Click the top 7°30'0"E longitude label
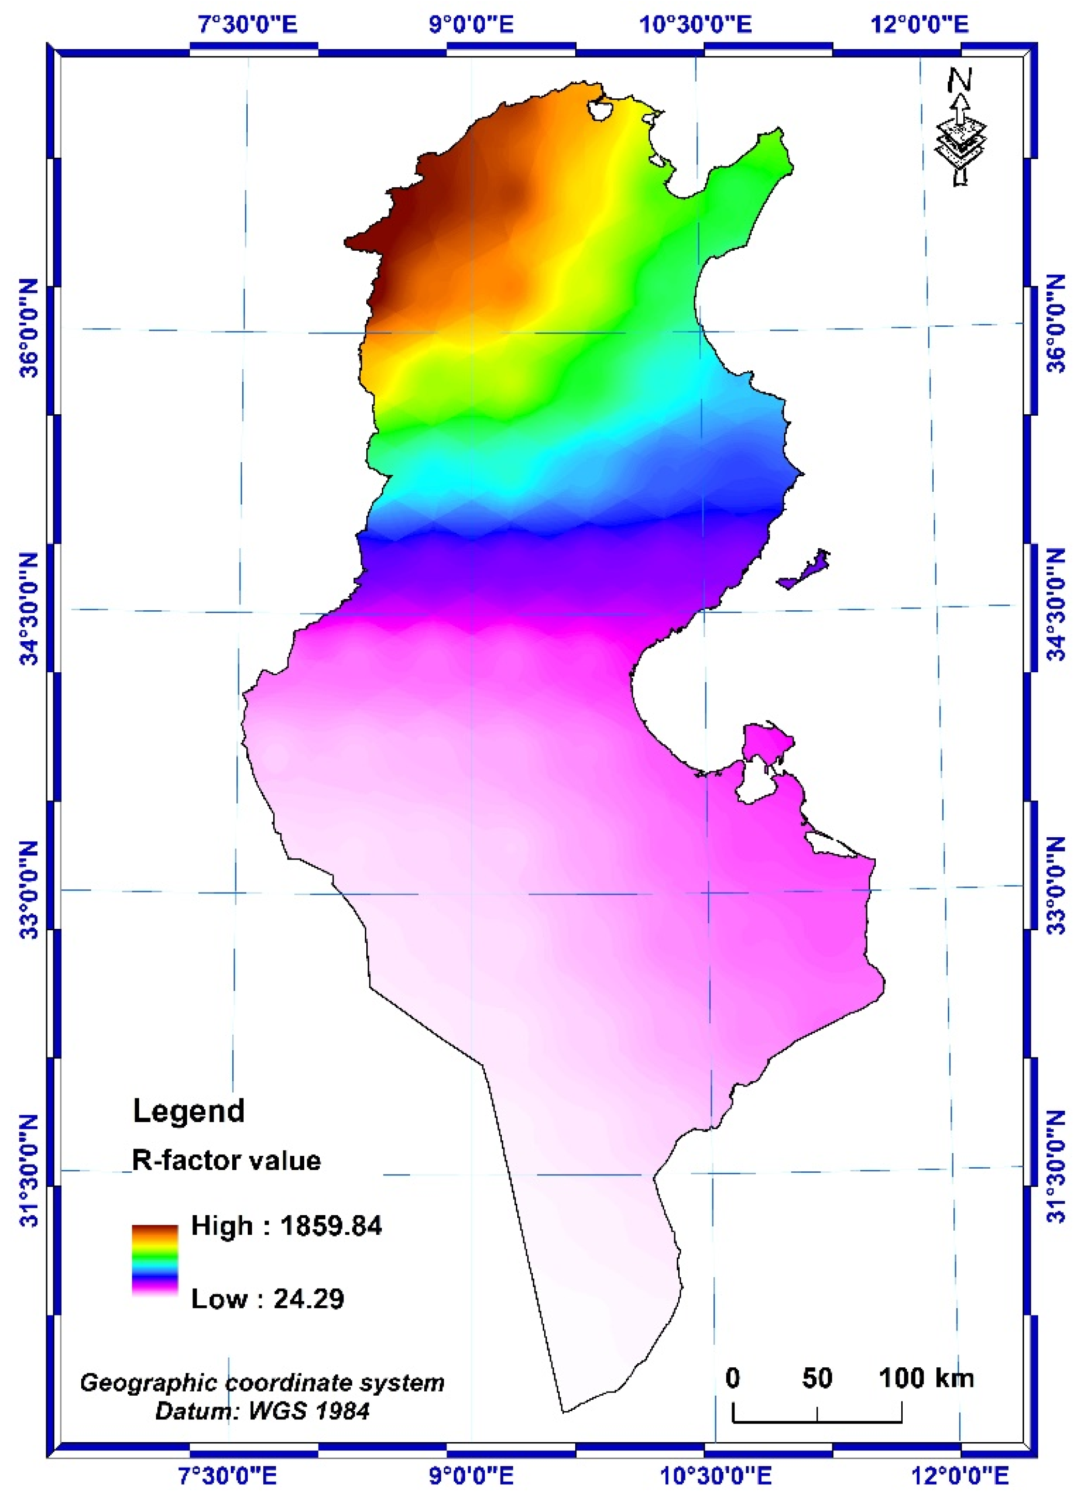point(248,25)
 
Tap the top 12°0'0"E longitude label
point(920,25)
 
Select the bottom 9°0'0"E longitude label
point(472,1474)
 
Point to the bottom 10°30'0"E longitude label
point(715,1474)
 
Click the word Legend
point(189,1110)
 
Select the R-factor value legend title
point(226,1160)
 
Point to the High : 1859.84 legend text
point(286,1226)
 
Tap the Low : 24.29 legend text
point(267,1298)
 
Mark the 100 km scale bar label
point(926,1378)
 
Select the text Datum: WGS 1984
point(262,1411)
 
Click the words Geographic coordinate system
point(262,1382)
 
